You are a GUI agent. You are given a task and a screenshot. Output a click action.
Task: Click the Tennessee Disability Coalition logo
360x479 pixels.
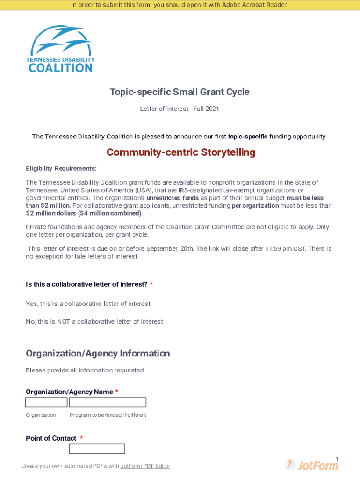tap(61, 49)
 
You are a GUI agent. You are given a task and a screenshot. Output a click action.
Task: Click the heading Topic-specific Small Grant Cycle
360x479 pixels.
tap(180, 92)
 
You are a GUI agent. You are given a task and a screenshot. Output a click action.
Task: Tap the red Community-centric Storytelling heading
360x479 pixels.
tap(181, 152)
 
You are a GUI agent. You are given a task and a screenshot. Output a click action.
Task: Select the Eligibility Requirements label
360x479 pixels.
tap(61, 168)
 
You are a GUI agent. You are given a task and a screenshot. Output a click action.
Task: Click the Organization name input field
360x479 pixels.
tap(46, 402)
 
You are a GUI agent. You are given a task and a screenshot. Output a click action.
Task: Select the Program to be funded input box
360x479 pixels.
tap(108, 402)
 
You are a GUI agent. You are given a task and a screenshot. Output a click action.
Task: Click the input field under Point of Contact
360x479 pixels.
tap(97, 449)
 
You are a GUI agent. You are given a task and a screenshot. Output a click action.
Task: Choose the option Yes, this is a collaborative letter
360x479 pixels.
tap(88, 304)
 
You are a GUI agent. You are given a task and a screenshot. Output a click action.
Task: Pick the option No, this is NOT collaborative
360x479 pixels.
tap(94, 322)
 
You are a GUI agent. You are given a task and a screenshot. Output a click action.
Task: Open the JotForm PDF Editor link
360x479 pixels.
tap(145, 466)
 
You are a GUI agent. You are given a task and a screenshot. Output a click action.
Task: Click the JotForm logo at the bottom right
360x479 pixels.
tap(311, 465)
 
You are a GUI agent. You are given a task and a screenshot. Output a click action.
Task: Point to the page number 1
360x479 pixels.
tap(337, 458)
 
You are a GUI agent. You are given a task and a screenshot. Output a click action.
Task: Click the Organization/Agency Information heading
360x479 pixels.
tap(98, 354)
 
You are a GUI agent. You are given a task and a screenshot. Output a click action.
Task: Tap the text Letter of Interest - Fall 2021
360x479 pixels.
tap(180, 109)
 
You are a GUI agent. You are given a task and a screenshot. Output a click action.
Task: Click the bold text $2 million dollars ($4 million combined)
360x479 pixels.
tap(83, 213)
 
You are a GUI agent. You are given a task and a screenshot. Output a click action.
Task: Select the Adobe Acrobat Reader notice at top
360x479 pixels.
tap(180, 5)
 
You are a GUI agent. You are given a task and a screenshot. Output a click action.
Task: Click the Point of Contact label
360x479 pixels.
tap(51, 438)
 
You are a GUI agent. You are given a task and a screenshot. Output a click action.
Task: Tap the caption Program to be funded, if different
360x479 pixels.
tap(108, 415)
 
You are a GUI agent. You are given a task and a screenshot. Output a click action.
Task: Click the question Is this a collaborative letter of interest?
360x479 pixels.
tap(86, 284)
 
